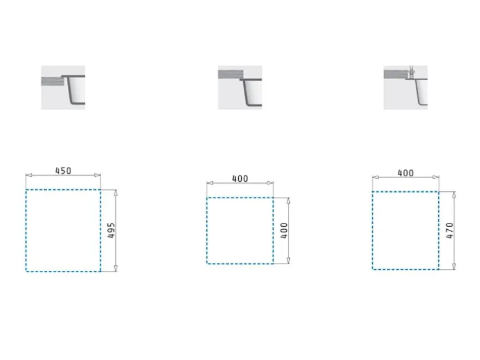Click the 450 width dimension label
coord(63,171)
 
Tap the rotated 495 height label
coord(111,230)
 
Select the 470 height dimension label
coord(449,230)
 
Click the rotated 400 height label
coord(284,230)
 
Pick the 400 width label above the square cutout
coord(240,179)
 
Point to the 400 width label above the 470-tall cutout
coord(406,173)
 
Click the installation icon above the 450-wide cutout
coord(63,87)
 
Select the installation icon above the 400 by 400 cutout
coord(240,87)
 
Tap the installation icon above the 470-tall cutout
coord(406,87)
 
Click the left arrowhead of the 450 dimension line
coord(29,175)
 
